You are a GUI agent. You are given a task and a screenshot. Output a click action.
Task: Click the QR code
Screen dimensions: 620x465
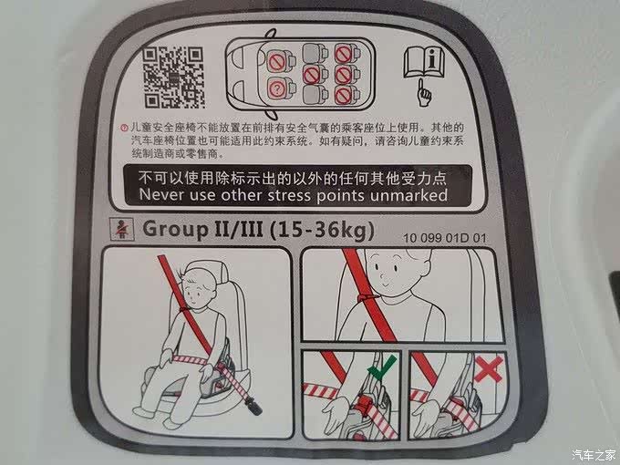point(173,77)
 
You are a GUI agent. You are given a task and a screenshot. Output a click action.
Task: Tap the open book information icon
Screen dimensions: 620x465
point(424,63)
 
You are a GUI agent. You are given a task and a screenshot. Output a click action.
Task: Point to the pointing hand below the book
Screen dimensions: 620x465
point(425,93)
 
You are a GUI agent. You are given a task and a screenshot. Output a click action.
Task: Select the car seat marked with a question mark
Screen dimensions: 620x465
point(279,89)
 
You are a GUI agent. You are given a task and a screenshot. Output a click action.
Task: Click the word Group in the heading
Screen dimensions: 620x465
point(175,229)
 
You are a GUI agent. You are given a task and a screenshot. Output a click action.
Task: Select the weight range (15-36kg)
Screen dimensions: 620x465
point(322,230)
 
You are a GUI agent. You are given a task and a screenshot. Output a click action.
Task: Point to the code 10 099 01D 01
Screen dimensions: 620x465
point(444,238)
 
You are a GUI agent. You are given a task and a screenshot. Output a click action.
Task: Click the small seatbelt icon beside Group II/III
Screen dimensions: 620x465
point(122,230)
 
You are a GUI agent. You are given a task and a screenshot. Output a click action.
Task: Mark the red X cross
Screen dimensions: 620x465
point(489,368)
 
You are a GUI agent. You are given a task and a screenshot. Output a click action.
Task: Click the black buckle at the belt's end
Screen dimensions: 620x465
point(253,406)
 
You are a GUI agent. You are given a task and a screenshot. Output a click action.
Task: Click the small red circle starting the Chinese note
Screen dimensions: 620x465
point(124,128)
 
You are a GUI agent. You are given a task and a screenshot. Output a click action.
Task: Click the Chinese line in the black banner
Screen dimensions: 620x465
point(293,179)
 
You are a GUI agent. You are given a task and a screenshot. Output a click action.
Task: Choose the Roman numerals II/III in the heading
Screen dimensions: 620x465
point(239,229)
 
